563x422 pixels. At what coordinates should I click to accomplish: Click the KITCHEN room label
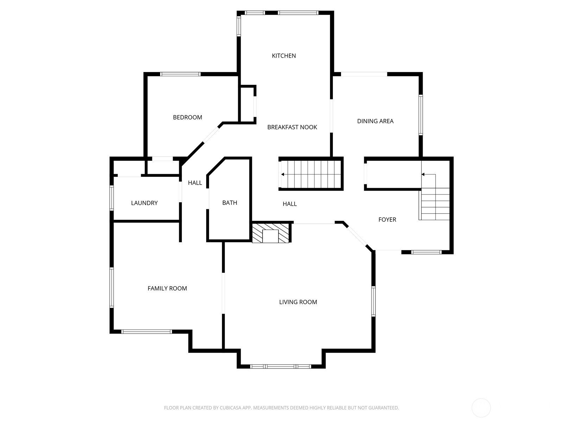point(284,56)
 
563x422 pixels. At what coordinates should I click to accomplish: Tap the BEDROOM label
point(188,117)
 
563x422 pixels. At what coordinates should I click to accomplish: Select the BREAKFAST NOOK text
point(292,127)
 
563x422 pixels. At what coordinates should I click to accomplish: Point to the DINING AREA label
point(375,121)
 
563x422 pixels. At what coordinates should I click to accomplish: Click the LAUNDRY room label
point(144,203)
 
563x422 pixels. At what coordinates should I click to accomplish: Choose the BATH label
point(229,203)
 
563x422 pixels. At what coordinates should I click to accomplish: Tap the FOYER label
point(387,219)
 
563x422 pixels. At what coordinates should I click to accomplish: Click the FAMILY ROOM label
point(167,288)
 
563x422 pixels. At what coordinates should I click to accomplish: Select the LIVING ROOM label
point(298,302)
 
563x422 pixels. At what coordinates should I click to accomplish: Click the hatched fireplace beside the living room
point(271,233)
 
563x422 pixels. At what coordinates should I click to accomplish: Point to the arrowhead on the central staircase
point(283,174)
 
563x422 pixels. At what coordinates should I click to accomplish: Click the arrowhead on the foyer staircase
point(423,174)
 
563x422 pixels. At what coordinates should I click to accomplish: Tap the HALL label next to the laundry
point(195,183)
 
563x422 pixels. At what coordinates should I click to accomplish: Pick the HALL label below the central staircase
point(290,204)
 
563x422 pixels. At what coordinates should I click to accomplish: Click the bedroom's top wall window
point(180,74)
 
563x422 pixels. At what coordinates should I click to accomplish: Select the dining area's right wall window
point(420,115)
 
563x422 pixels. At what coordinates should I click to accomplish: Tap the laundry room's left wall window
point(112,198)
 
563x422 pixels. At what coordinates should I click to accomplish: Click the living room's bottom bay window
point(280,366)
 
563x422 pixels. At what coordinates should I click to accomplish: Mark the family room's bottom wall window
point(146,332)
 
